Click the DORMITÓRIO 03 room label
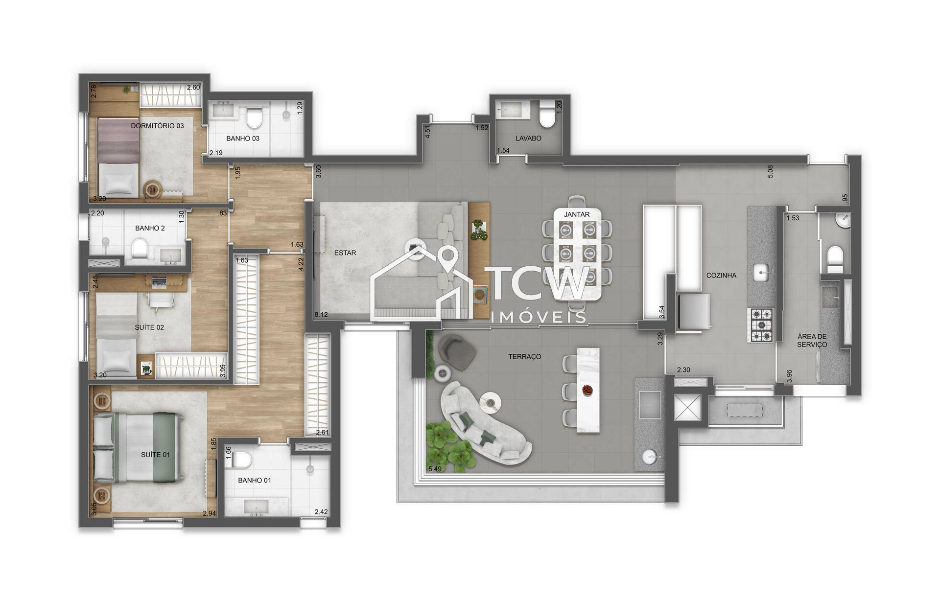[157, 126]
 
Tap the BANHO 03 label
[242, 139]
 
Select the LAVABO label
[528, 139]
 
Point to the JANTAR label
[577, 214]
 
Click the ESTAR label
[345, 253]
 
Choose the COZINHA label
[721, 276]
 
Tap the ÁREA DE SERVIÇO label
[812, 341]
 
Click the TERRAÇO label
[524, 357]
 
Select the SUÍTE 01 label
[155, 455]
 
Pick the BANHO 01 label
[254, 480]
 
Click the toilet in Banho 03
[254, 118]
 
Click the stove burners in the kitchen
[761, 325]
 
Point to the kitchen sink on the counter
[760, 273]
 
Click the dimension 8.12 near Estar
[321, 315]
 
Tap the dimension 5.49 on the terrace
[435, 469]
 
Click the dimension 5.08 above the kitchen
[770, 171]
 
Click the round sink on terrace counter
[650, 457]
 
